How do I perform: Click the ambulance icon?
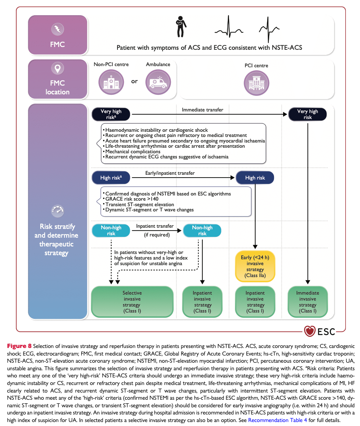(158, 82)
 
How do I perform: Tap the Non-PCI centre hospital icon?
(111, 82)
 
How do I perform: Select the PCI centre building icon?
(256, 83)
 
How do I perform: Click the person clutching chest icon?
(181, 26)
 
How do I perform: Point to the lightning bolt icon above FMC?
(58, 29)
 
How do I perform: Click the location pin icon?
(58, 68)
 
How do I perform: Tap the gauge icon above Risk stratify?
(58, 211)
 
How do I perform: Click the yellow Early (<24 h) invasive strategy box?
(255, 266)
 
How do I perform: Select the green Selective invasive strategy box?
(132, 302)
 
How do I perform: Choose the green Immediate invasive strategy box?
(307, 302)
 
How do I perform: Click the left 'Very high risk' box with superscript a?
(111, 114)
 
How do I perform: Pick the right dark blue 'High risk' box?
(255, 178)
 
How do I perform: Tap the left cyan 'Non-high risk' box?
(111, 231)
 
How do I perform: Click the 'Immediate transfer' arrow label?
(202, 110)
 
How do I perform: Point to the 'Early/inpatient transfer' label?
(170, 173)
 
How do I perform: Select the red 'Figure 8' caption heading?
(19, 346)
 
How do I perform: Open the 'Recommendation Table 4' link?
(278, 420)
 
